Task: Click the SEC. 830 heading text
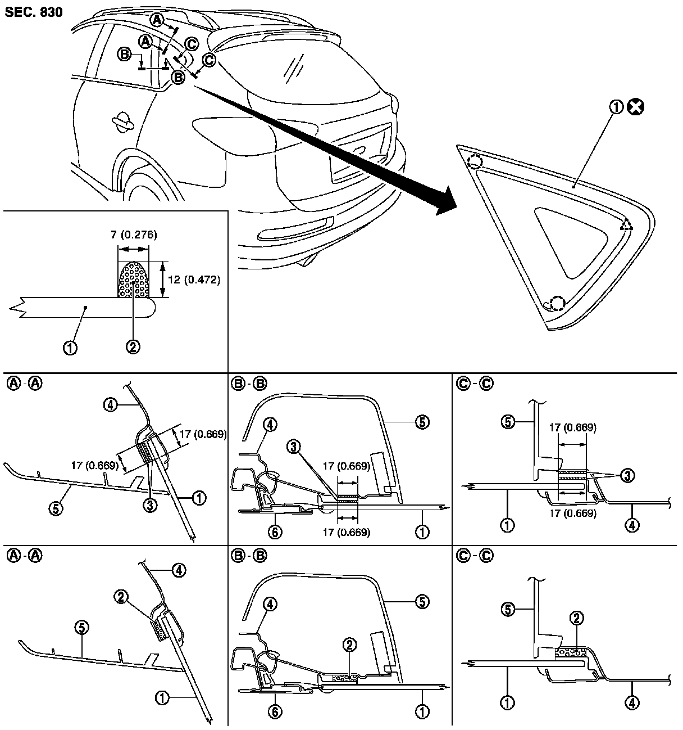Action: tap(34, 11)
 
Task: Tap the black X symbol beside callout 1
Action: tap(636, 107)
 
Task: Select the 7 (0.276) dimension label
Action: tap(134, 235)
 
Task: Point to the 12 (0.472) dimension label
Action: tap(194, 279)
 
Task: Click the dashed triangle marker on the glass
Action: tap(627, 226)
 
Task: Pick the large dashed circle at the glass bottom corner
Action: tap(557, 303)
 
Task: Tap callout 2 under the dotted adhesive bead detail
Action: tap(133, 348)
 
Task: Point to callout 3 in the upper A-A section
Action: tap(149, 505)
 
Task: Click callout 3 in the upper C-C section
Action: tap(627, 476)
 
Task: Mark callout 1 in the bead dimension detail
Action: tap(70, 348)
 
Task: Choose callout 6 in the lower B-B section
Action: tap(275, 711)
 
